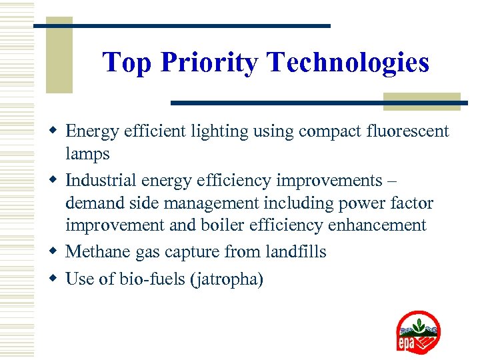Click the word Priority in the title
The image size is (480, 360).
209,63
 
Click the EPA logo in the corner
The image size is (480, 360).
418,332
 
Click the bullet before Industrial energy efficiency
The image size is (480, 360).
57,181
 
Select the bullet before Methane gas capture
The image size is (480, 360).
57,252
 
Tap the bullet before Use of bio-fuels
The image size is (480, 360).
57,279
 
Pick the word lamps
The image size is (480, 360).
87,154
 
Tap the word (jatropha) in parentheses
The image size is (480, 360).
227,279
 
